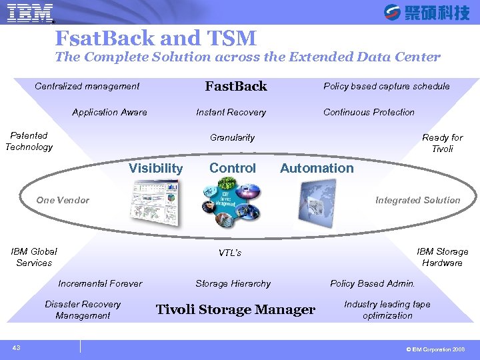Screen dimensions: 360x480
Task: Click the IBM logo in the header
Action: coord(31,13)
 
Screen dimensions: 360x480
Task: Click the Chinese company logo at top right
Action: coord(427,12)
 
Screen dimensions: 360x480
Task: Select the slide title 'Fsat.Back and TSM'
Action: coord(155,37)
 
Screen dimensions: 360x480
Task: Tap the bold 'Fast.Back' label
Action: coord(236,86)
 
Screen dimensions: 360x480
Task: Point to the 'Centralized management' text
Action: coord(87,86)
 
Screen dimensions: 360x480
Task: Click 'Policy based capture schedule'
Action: coord(386,86)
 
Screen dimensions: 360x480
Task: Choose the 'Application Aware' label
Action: coord(109,112)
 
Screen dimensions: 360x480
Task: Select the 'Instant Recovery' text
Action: coord(231,112)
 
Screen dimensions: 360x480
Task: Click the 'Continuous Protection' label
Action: coord(369,112)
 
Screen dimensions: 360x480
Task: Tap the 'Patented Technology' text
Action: coord(29,141)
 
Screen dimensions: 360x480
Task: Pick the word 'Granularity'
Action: coord(232,137)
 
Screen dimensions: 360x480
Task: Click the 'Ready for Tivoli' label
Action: coord(442,143)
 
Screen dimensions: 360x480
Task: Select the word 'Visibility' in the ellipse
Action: coord(155,169)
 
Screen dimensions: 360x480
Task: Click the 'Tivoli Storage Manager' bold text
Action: coord(235,309)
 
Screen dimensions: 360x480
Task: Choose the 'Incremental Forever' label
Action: coord(100,283)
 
